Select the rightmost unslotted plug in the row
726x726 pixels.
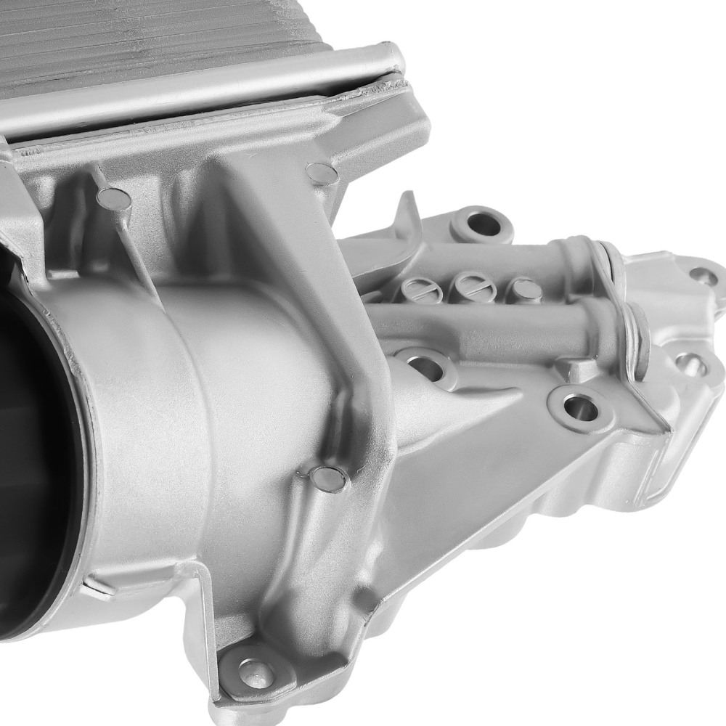tap(525, 289)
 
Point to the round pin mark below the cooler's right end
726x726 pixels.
tap(320, 173)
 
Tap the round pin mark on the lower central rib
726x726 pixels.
tap(328, 478)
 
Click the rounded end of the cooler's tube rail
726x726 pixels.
tap(391, 58)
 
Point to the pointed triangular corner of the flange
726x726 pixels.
tap(657, 425)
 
